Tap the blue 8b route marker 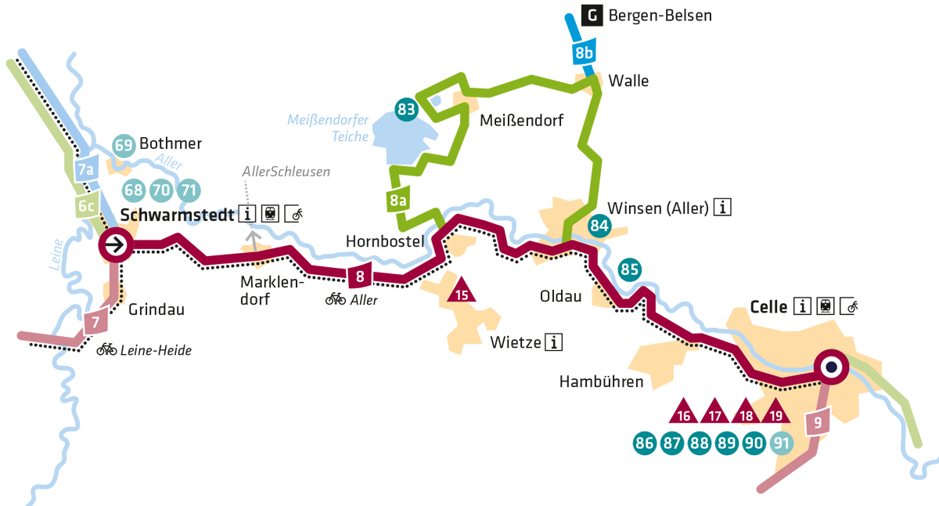coord(583,54)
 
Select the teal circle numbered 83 coord(406,110)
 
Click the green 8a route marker coord(398,201)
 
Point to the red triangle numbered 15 coord(462,293)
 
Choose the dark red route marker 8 coord(359,276)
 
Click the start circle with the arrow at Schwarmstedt coord(115,245)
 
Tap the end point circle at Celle coord(831,367)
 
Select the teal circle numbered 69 coord(124,145)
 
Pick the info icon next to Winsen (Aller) coord(724,208)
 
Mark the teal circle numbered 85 coord(630,269)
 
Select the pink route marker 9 coord(816,423)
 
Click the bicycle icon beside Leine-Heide coord(106,349)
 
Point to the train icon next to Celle coord(826,306)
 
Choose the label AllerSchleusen coord(286,172)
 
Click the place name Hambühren coord(601,381)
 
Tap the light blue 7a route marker coord(85,169)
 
